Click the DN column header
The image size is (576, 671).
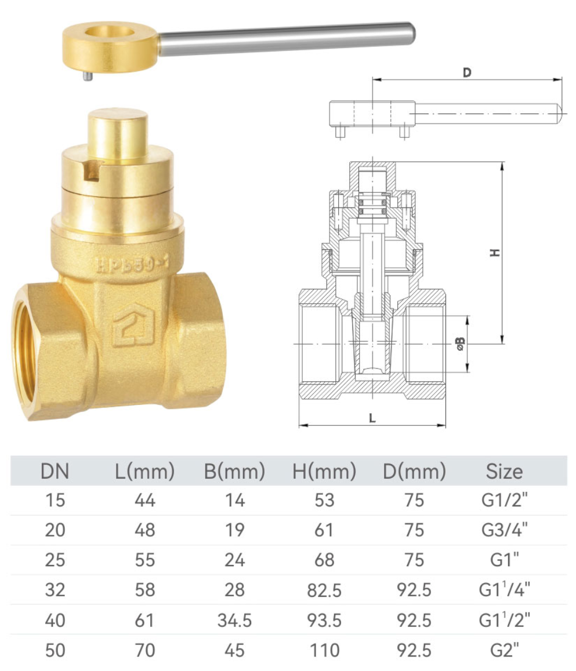(x=55, y=471)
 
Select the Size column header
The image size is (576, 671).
(x=503, y=471)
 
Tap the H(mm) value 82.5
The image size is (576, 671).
(x=324, y=590)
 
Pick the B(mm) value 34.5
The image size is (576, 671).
(x=234, y=621)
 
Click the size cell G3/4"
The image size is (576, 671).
(x=503, y=530)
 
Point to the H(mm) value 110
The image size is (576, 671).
(x=324, y=650)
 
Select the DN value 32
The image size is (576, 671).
(x=55, y=590)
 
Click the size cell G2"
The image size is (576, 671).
(x=503, y=650)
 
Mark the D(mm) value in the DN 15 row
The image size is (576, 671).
(x=414, y=500)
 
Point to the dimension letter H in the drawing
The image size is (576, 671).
(x=494, y=253)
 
